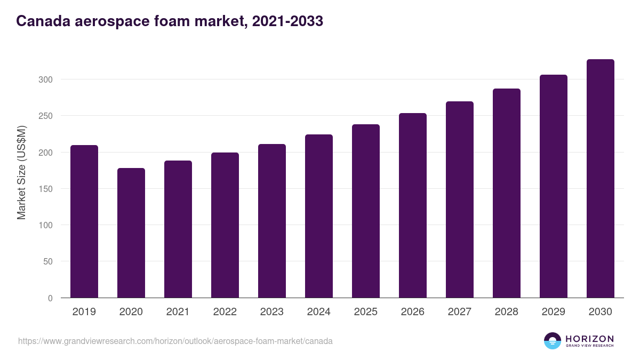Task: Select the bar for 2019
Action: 84,221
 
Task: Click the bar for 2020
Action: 131,233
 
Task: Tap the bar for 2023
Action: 272,221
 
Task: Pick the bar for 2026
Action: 413,205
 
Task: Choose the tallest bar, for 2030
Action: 601,179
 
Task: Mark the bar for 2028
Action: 507,193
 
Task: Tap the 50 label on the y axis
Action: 47,261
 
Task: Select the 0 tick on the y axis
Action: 50,298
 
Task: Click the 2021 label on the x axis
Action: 178,312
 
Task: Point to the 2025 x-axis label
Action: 365,312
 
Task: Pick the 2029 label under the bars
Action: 553,312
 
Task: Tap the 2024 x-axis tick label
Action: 318,312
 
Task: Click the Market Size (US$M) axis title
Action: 21,172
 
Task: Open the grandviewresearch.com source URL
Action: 175,341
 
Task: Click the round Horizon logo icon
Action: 553,341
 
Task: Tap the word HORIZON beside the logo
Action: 589,339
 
